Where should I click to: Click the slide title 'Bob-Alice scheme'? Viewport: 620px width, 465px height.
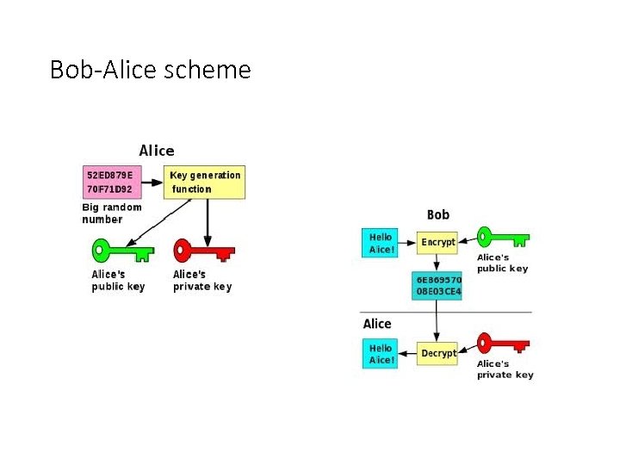pos(151,69)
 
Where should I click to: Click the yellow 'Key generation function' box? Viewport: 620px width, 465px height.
pos(205,182)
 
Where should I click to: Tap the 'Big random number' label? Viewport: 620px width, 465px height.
pos(112,213)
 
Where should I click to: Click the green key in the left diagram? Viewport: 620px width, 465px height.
pos(121,251)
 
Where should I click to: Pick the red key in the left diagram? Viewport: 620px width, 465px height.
pos(203,251)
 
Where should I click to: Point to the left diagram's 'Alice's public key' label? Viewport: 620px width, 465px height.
pos(118,281)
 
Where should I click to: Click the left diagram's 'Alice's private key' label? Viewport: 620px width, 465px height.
pos(202,281)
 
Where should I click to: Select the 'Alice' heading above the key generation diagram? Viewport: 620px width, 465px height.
pos(157,151)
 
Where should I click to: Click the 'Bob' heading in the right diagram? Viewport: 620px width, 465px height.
pos(438,214)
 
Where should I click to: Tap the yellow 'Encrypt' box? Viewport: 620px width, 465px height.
pos(438,243)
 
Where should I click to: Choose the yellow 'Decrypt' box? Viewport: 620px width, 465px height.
pos(438,354)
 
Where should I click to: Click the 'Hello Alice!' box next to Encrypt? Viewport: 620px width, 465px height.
pos(381,243)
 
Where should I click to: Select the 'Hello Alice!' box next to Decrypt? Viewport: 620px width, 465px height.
pos(381,354)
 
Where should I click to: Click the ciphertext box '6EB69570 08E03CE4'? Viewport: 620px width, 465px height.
pos(438,286)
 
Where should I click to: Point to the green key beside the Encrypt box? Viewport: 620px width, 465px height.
pos(503,237)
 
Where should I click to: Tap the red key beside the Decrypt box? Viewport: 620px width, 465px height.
pos(503,344)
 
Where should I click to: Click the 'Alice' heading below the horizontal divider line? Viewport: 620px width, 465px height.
pos(377,324)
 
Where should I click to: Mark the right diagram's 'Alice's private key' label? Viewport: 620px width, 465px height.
pos(505,369)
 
